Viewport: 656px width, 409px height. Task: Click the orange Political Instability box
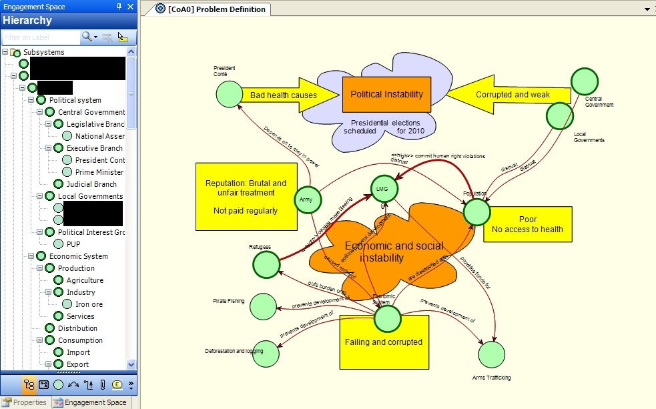386,95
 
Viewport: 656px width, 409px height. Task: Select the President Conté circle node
230,93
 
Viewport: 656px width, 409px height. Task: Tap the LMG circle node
382,189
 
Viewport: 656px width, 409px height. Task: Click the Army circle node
307,199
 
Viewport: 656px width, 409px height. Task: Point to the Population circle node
477,212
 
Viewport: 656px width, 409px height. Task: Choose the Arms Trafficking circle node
492,354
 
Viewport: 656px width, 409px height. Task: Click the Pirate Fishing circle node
263,306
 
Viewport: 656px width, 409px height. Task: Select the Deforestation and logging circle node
266,354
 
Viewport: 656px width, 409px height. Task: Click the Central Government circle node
584,81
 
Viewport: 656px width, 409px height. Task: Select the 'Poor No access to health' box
527,225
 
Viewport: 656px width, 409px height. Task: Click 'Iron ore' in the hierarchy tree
89,304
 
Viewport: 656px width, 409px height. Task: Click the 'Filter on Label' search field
40,37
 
